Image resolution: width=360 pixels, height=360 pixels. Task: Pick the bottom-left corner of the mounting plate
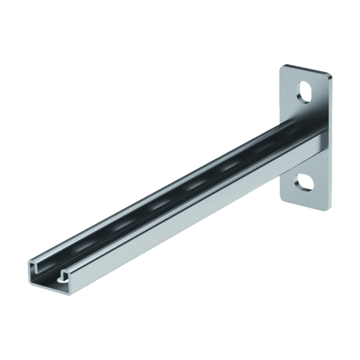coord(280,200)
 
